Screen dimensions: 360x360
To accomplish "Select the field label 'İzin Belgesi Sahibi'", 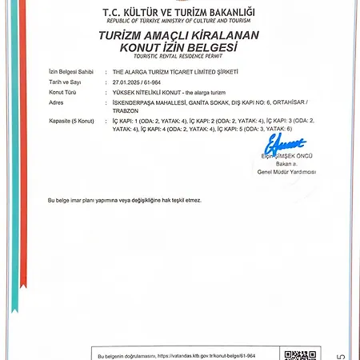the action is point(67,70).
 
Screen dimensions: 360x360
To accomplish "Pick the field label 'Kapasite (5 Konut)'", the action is point(70,119).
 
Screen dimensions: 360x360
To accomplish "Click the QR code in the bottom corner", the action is point(295,354).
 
